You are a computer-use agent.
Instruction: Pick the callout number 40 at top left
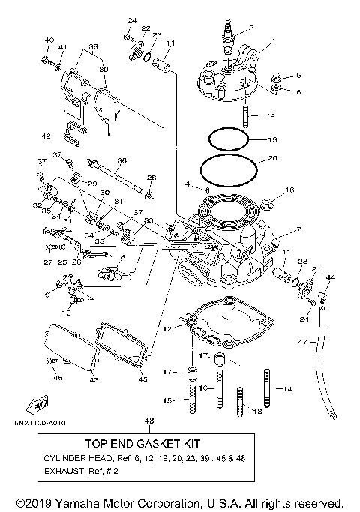(49, 40)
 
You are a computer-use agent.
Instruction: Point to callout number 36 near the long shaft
(121, 160)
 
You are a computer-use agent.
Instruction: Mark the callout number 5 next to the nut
(298, 76)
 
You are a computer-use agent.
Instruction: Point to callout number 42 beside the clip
(46, 136)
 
